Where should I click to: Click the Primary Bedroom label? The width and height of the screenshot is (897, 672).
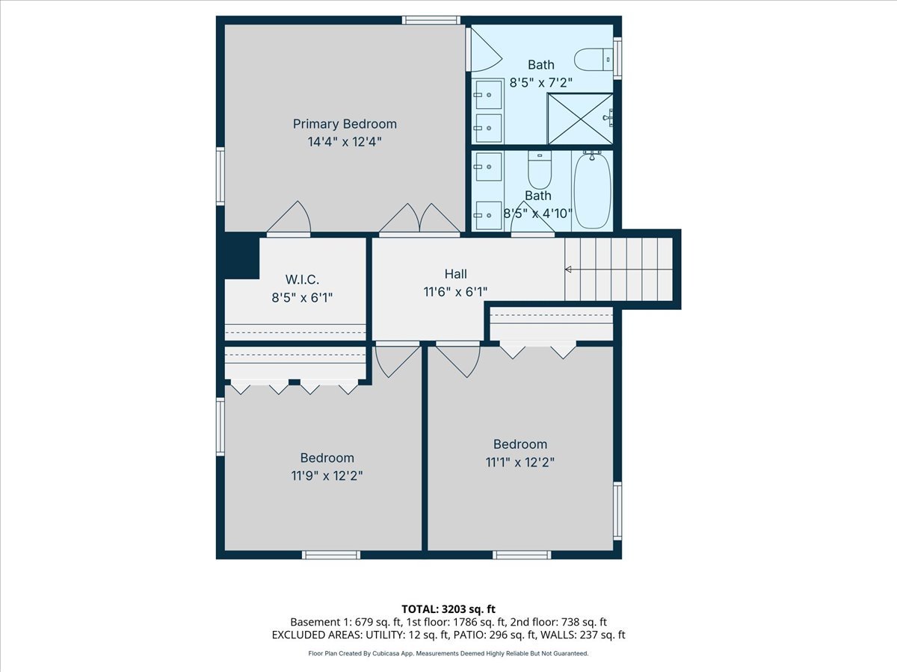[x=345, y=124]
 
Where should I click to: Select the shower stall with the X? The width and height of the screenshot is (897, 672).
[x=580, y=118]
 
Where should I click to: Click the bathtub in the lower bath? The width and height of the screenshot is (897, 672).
[x=592, y=190]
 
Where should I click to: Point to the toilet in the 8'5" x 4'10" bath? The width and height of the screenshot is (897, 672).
[x=539, y=170]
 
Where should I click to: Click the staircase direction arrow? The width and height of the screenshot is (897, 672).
[x=568, y=270]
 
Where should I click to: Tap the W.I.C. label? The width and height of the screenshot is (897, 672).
[x=302, y=280]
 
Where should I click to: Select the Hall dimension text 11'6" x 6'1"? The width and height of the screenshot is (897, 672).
[x=455, y=292]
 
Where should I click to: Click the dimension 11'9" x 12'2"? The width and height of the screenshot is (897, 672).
[x=327, y=475]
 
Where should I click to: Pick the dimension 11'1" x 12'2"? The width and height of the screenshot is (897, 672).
[x=520, y=461]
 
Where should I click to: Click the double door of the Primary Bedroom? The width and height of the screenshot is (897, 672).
[x=420, y=219]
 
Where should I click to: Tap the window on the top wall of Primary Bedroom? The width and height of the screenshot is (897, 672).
[x=431, y=20]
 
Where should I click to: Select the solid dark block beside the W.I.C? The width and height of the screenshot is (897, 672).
[x=241, y=255]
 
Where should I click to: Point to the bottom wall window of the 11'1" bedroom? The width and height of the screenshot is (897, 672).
[x=522, y=555]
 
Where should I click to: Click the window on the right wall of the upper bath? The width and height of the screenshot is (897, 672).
[x=617, y=57]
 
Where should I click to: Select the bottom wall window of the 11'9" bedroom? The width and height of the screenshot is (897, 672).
[x=331, y=555]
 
